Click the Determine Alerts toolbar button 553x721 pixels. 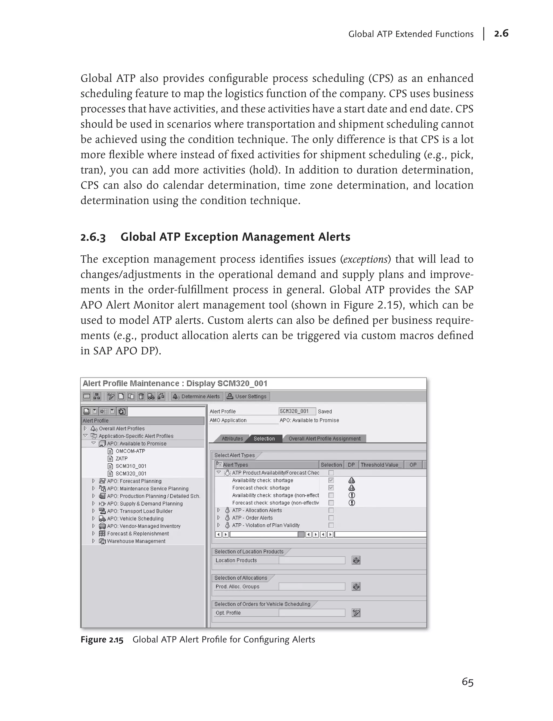tap(197, 396)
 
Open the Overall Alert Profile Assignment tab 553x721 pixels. tap(324, 439)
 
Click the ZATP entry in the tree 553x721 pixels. tap(122, 459)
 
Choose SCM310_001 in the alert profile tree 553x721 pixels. tap(131, 466)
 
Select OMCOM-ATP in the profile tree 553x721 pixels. tap(130, 451)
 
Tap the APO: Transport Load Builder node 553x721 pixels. tap(140, 511)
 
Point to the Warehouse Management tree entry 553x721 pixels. tap(136, 541)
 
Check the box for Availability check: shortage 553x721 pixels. tap(331, 480)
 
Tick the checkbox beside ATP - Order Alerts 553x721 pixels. tap(331, 518)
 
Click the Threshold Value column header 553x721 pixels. tap(381, 465)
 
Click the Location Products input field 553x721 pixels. tap(312, 560)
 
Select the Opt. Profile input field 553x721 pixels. tap(312, 613)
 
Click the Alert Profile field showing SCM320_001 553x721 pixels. tap(297, 411)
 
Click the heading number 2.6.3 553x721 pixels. tap(93, 237)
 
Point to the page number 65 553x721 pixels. tap(467, 682)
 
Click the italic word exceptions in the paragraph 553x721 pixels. tap(365, 260)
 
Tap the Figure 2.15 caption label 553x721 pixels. tap(102, 640)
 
